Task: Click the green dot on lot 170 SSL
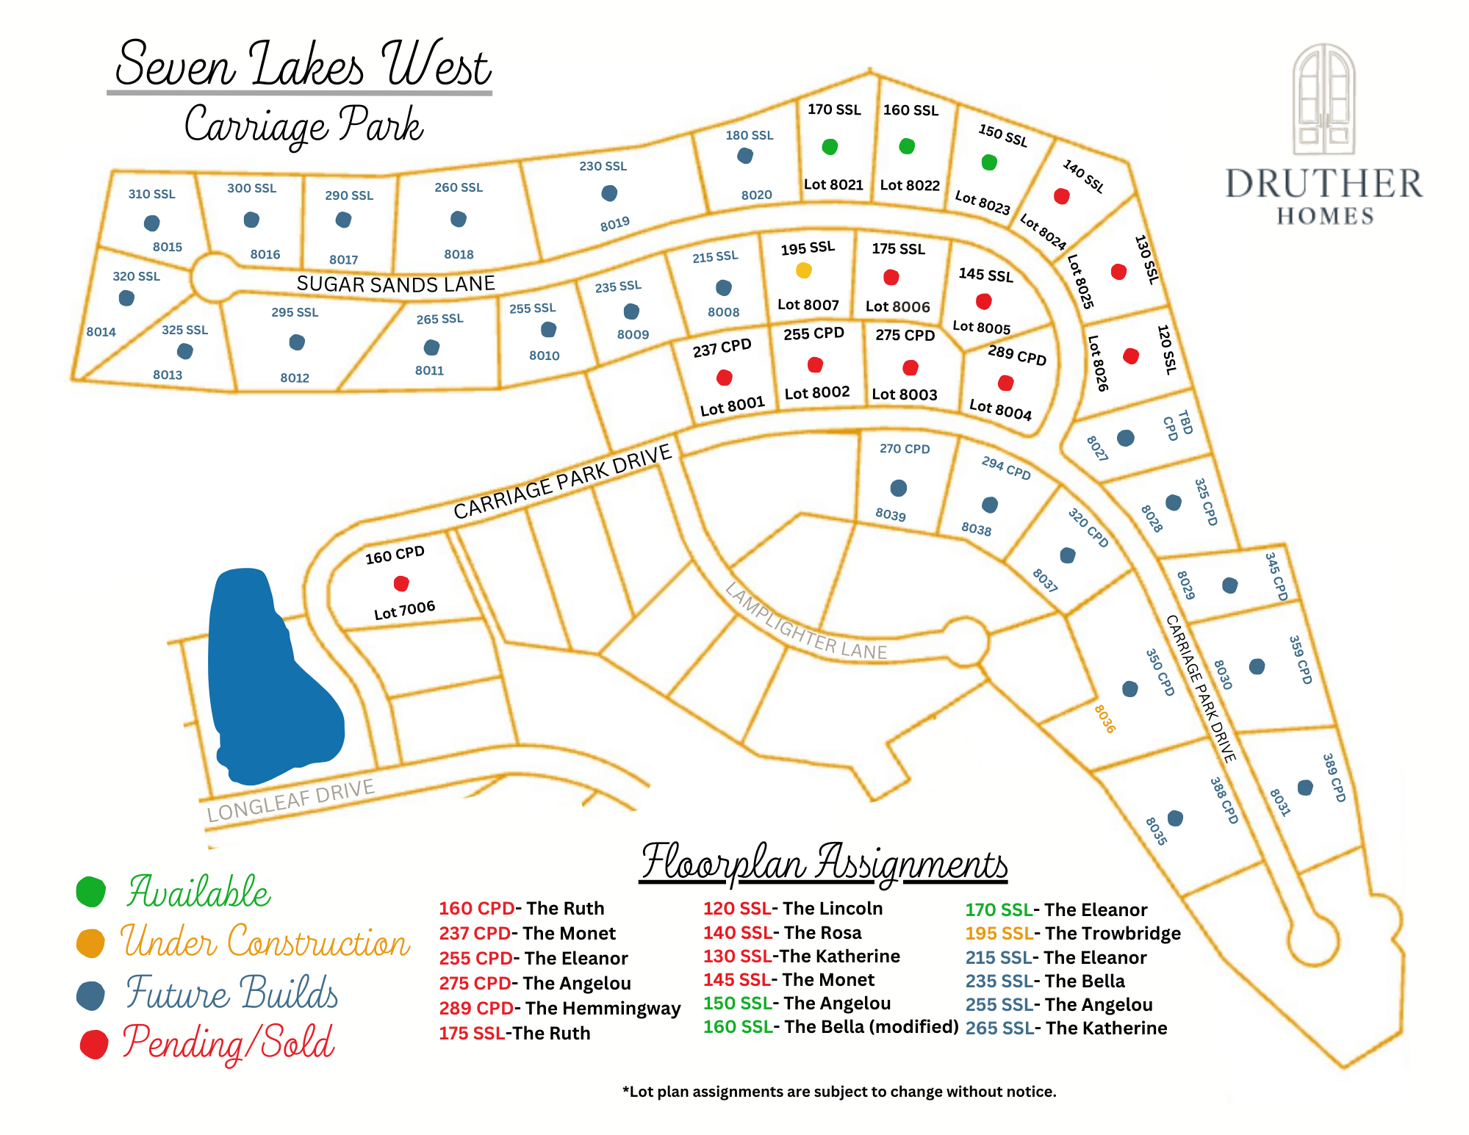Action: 830,147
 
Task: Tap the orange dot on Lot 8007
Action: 804,270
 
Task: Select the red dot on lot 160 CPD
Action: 401,583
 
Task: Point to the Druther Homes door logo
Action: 1323,99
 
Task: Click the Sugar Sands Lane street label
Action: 395,284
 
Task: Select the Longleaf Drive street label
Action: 290,801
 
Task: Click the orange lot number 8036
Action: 1104,718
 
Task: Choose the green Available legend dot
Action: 91,891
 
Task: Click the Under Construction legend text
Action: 265,943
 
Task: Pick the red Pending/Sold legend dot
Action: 94,1044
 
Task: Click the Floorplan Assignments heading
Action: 824,862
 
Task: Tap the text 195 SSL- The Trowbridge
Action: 1072,933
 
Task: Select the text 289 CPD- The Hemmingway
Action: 559,1008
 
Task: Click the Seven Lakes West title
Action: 301,65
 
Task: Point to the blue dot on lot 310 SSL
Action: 152,223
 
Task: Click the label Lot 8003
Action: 904,394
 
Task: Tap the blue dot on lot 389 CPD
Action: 1305,788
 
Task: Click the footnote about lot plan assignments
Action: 838,1092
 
